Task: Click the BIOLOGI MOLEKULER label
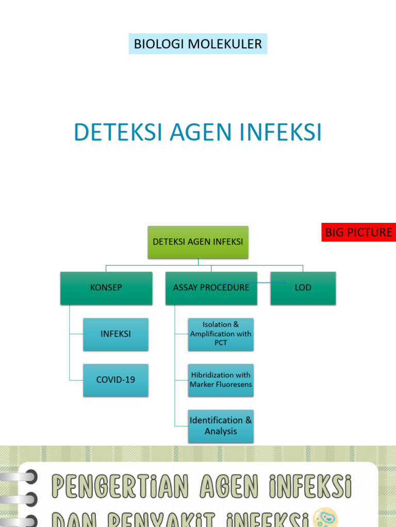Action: pyautogui.click(x=198, y=44)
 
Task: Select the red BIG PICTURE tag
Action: pyautogui.click(x=358, y=232)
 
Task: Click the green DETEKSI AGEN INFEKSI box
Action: pyautogui.click(x=198, y=242)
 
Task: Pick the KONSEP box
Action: pyautogui.click(x=106, y=288)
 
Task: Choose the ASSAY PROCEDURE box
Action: pyautogui.click(x=211, y=288)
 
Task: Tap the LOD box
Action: pyautogui.click(x=303, y=288)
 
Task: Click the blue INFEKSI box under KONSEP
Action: pyautogui.click(x=115, y=334)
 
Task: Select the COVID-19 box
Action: pyautogui.click(x=115, y=380)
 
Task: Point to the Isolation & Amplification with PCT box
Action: pyautogui.click(x=221, y=334)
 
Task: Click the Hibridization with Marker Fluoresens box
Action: pyautogui.click(x=221, y=380)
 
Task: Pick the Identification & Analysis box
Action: pyautogui.click(x=221, y=426)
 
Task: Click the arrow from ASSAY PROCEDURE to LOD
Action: pyautogui.click(x=271, y=283)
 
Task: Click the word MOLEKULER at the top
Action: pyautogui.click(x=225, y=44)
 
